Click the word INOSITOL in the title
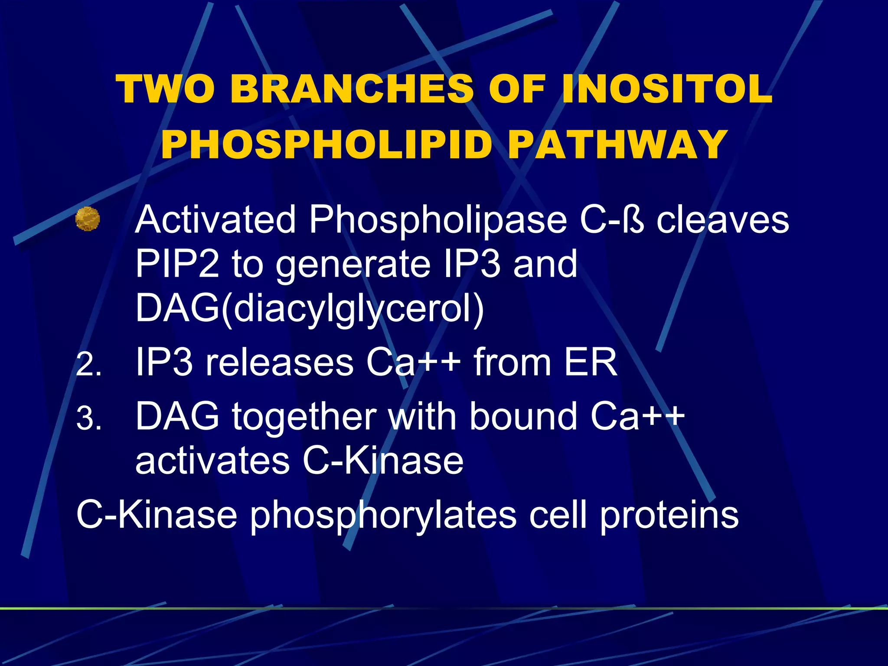667,89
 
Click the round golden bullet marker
88,219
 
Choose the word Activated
215,220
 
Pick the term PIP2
177,264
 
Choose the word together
304,417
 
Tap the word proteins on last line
669,516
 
